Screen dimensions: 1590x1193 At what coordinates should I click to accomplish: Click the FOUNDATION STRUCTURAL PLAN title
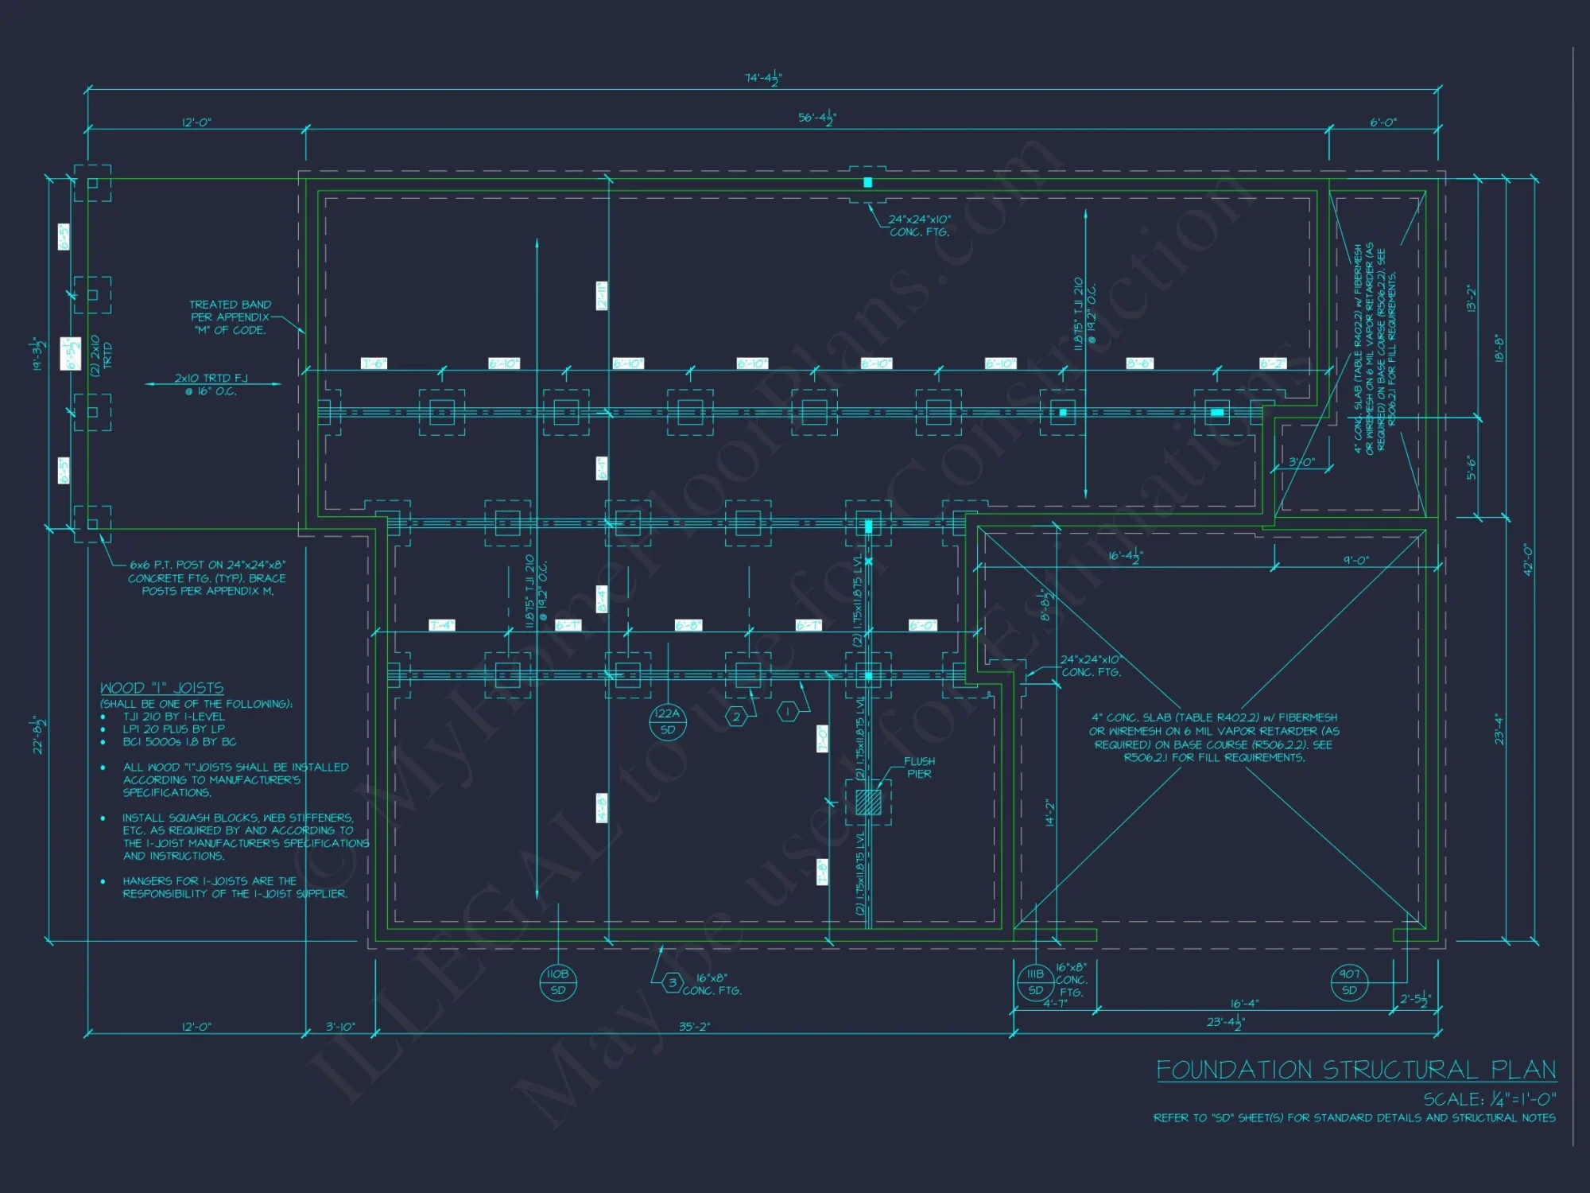(x=1355, y=1070)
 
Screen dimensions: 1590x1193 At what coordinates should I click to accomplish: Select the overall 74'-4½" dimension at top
(x=762, y=78)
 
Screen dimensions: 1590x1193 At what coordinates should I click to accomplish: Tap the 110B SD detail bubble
(x=557, y=981)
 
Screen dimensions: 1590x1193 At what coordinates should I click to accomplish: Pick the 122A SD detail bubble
(x=668, y=721)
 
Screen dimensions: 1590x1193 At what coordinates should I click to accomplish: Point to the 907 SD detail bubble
(x=1349, y=981)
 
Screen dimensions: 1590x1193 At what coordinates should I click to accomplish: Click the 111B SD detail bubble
(x=1035, y=981)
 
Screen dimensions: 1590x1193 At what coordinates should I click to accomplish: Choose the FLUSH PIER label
(x=919, y=767)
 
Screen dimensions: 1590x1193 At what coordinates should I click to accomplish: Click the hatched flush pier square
(x=868, y=802)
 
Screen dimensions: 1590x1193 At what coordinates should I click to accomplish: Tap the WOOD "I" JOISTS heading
(x=161, y=688)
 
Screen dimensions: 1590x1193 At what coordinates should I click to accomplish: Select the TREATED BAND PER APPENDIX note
(x=230, y=317)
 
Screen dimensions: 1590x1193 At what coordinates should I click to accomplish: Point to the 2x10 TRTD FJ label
(x=211, y=384)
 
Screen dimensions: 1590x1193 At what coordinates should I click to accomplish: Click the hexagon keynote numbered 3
(x=673, y=982)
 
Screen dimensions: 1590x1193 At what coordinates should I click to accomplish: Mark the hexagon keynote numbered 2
(x=736, y=717)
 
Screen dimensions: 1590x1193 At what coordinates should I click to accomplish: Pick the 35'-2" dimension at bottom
(x=694, y=1027)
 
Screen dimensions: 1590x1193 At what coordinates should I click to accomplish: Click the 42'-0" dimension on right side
(x=1526, y=560)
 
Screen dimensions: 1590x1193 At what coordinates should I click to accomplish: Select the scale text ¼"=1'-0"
(x=1489, y=1099)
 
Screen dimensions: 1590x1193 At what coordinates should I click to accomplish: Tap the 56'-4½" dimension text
(x=816, y=118)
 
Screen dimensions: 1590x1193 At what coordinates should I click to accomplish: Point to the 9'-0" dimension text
(x=1355, y=560)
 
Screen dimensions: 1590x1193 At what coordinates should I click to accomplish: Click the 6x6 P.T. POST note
(x=207, y=577)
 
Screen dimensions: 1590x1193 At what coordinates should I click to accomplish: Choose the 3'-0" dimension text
(x=1301, y=461)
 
